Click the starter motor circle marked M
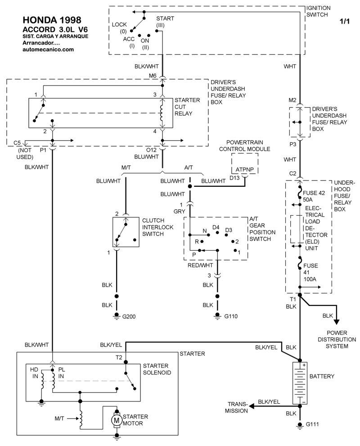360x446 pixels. (116, 420)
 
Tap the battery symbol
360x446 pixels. (299, 383)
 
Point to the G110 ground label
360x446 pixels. (231, 317)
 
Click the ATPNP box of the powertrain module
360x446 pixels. (245, 170)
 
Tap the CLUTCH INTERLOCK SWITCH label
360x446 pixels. (156, 227)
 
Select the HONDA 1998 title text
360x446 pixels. (52, 21)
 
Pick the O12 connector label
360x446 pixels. (151, 149)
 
